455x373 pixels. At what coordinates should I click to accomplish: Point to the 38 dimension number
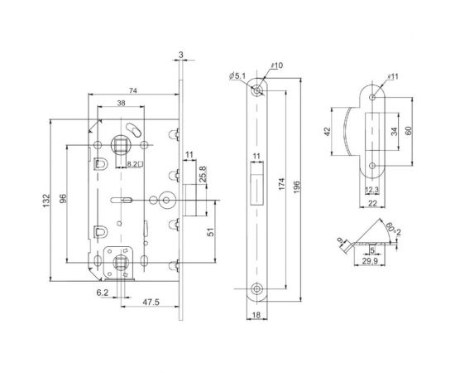[120, 104]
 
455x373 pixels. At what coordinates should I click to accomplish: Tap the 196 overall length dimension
[307, 186]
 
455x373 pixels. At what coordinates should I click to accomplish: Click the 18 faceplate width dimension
[256, 315]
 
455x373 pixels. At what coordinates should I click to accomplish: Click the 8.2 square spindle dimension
[132, 165]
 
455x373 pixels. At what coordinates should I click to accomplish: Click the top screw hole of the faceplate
[258, 86]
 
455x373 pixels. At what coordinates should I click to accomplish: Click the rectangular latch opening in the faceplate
[256, 181]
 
